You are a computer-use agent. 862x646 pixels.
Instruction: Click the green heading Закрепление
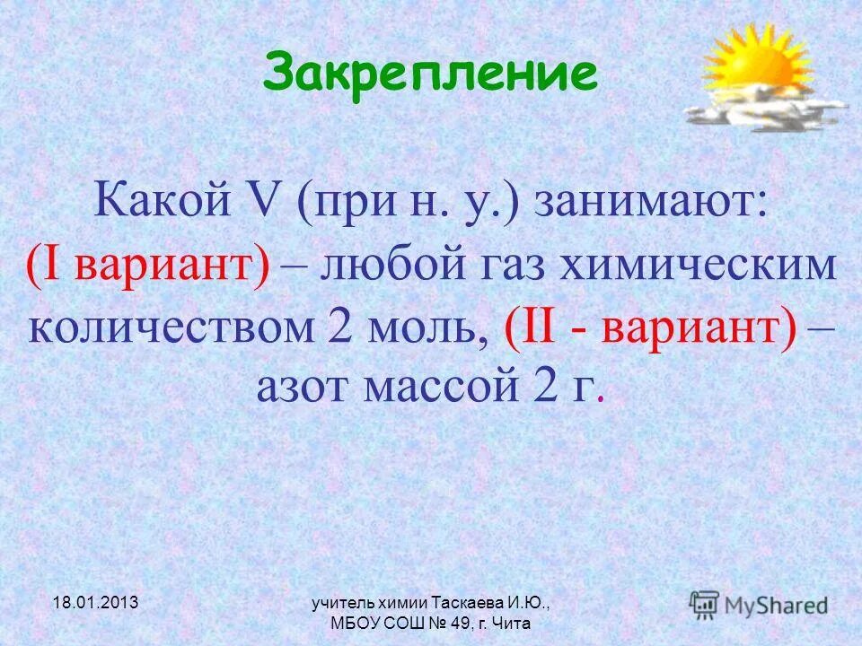click(430, 74)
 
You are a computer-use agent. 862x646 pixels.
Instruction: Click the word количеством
click(170, 329)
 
